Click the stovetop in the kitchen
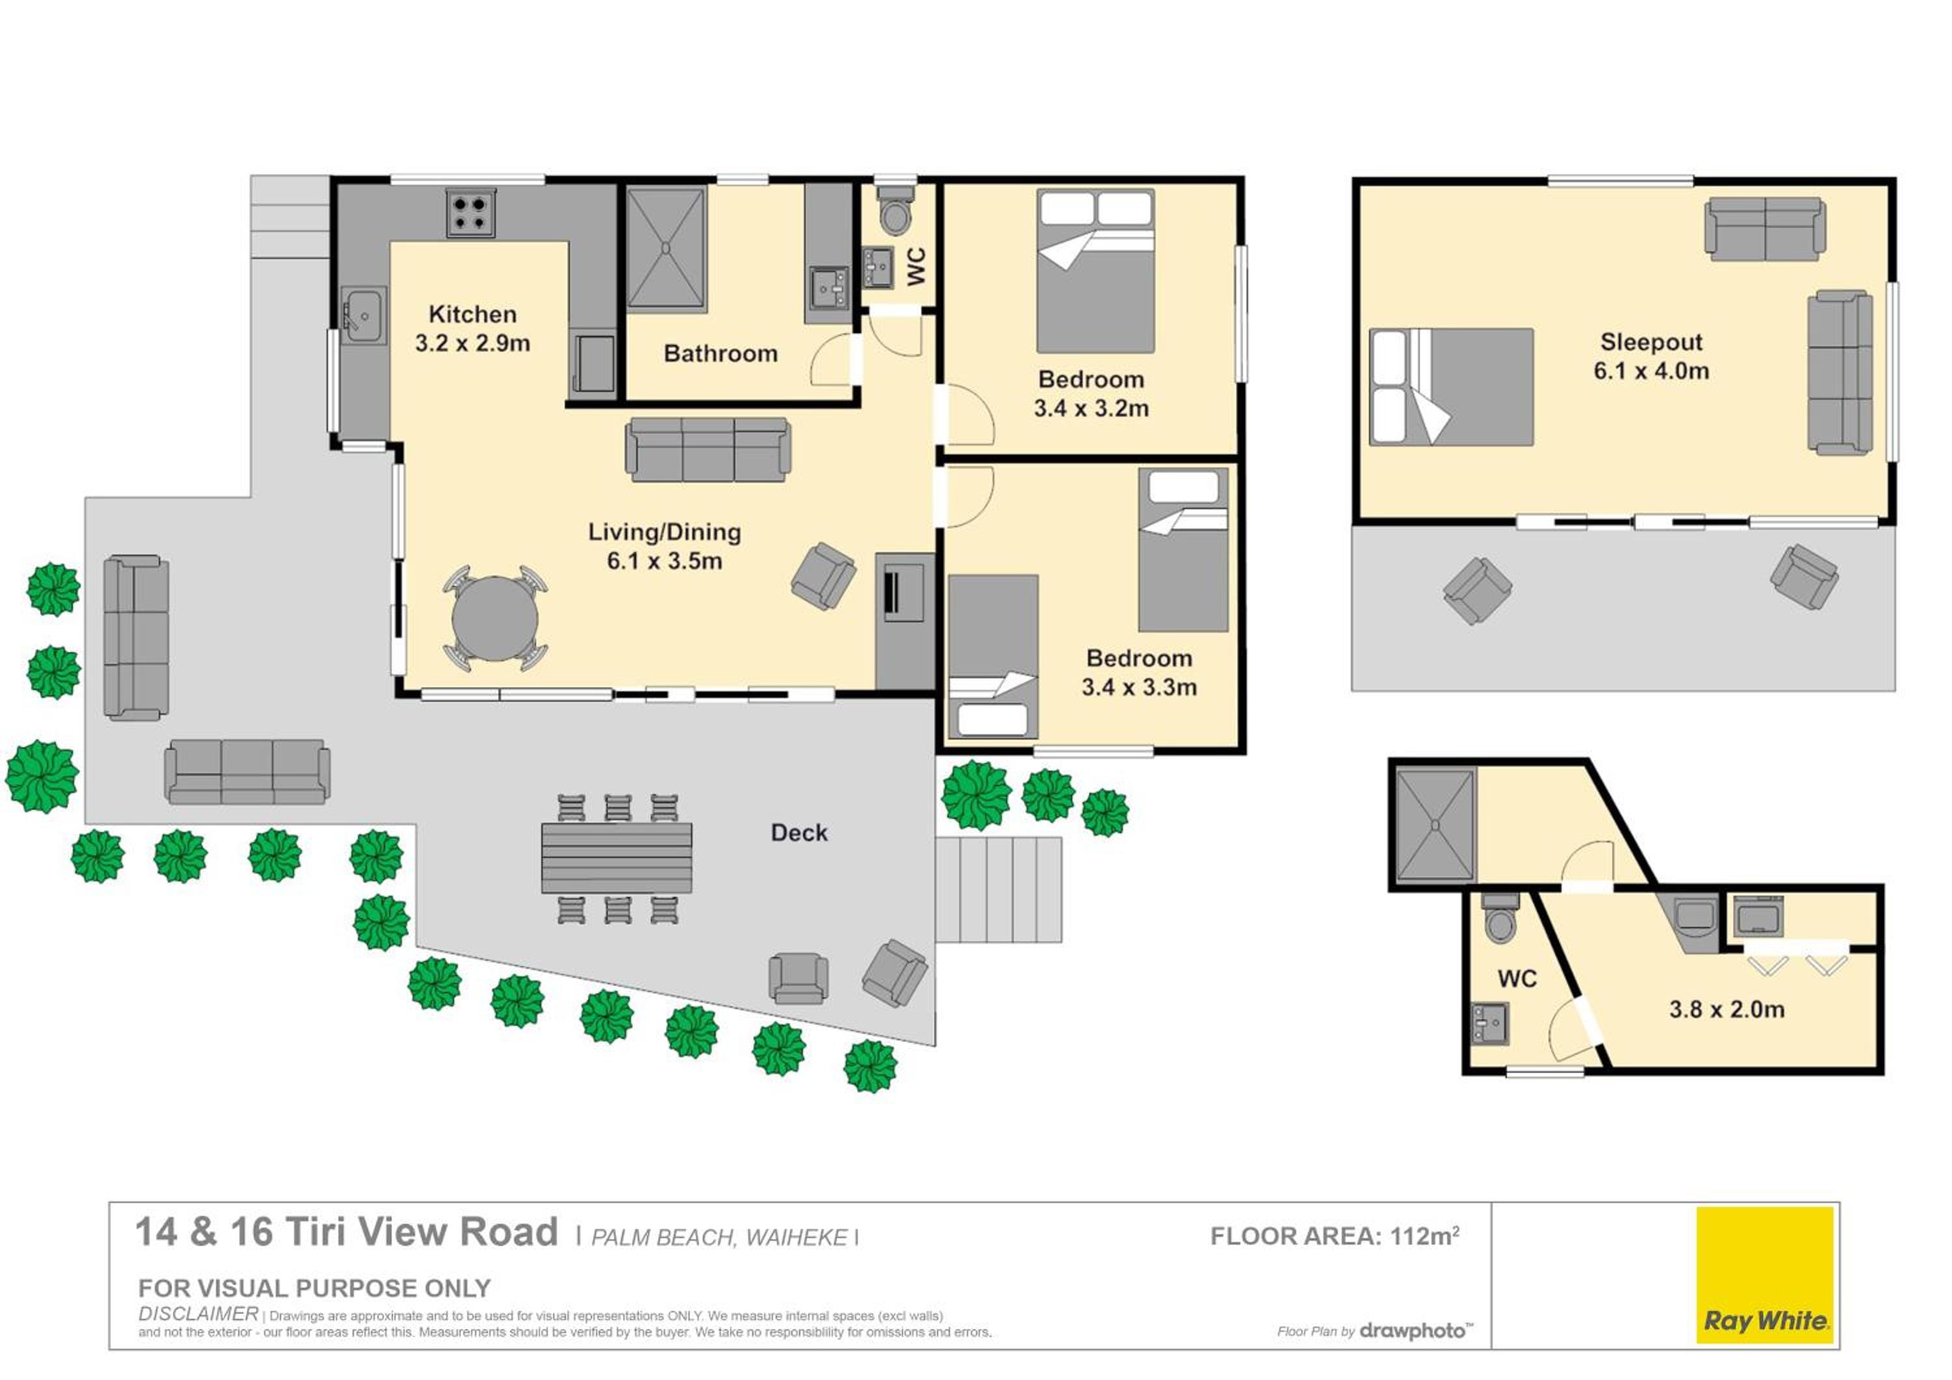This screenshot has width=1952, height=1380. pos(470,213)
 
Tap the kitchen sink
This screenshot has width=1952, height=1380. pos(363,316)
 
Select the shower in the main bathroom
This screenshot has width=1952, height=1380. pos(666,249)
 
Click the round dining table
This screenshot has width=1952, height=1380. pos(494,619)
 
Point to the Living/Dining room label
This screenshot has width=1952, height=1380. pos(665,546)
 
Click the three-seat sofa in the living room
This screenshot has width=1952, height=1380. pos(708,450)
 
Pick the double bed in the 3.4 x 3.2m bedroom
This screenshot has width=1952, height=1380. pos(1095,270)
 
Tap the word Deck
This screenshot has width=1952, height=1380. pos(799,833)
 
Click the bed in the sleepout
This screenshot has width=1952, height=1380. pos(1451,387)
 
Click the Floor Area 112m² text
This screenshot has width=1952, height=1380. pos(1335,1235)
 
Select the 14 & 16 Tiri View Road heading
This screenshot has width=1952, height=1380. pos(346,1232)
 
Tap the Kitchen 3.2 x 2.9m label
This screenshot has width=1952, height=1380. pos(472,328)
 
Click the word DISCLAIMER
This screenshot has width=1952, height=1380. pos(198,1314)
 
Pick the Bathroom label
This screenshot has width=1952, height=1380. pos(720,353)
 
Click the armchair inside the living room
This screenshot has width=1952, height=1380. pos(823,577)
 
